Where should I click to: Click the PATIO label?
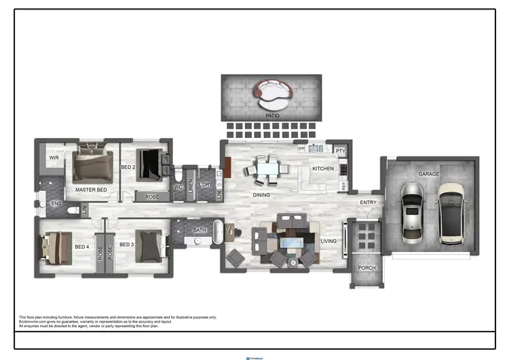click(272, 116)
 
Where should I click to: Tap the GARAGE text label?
click(428, 174)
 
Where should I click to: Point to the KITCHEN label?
click(322, 168)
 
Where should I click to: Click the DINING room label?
click(261, 195)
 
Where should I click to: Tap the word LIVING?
click(328, 241)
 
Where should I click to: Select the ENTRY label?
click(368, 202)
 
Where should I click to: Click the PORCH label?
click(366, 268)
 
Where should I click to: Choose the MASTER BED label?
click(91, 190)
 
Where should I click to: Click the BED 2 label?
click(128, 166)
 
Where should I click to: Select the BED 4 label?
click(81, 246)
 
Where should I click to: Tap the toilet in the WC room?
click(178, 175)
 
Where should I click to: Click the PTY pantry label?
click(340, 151)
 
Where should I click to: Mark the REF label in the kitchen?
click(343, 185)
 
